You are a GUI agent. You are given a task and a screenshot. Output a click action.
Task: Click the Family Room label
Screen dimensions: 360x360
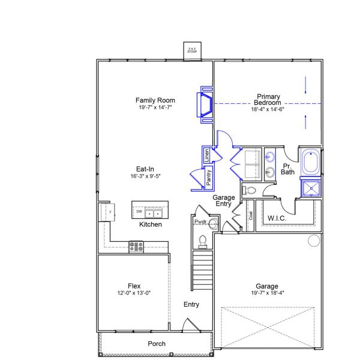pyautogui.click(x=155, y=100)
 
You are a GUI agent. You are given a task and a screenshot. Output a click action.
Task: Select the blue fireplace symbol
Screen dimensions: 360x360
pyautogui.click(x=206, y=104)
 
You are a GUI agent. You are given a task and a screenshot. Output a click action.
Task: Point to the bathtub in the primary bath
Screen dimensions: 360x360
pyautogui.click(x=311, y=163)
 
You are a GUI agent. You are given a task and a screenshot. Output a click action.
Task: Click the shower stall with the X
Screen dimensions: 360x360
pyautogui.click(x=311, y=188)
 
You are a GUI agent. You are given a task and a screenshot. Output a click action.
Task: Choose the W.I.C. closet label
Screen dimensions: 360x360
pyautogui.click(x=277, y=218)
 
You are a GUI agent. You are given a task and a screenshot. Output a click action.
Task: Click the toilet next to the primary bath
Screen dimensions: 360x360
pyautogui.click(x=249, y=191)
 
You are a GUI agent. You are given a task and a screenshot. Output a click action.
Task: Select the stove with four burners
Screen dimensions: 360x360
pyautogui.click(x=136, y=245)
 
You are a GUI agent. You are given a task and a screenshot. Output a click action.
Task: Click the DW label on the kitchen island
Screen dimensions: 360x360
pyautogui.click(x=139, y=212)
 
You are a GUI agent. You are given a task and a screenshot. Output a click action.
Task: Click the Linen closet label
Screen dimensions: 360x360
pyautogui.click(x=206, y=154)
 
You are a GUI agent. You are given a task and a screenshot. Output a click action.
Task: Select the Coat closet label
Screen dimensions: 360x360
pyautogui.click(x=250, y=215)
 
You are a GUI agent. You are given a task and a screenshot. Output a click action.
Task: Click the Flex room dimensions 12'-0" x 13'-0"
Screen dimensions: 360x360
pyautogui.click(x=134, y=293)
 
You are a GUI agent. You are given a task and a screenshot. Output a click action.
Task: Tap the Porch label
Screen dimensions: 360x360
pyautogui.click(x=157, y=344)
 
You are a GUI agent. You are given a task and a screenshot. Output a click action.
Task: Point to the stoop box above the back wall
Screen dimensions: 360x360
pyautogui.click(x=193, y=50)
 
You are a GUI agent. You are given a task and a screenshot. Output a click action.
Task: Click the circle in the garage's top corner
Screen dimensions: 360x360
pyautogui.click(x=314, y=241)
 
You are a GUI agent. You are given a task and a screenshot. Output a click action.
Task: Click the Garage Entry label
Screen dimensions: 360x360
pyautogui.click(x=224, y=201)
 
